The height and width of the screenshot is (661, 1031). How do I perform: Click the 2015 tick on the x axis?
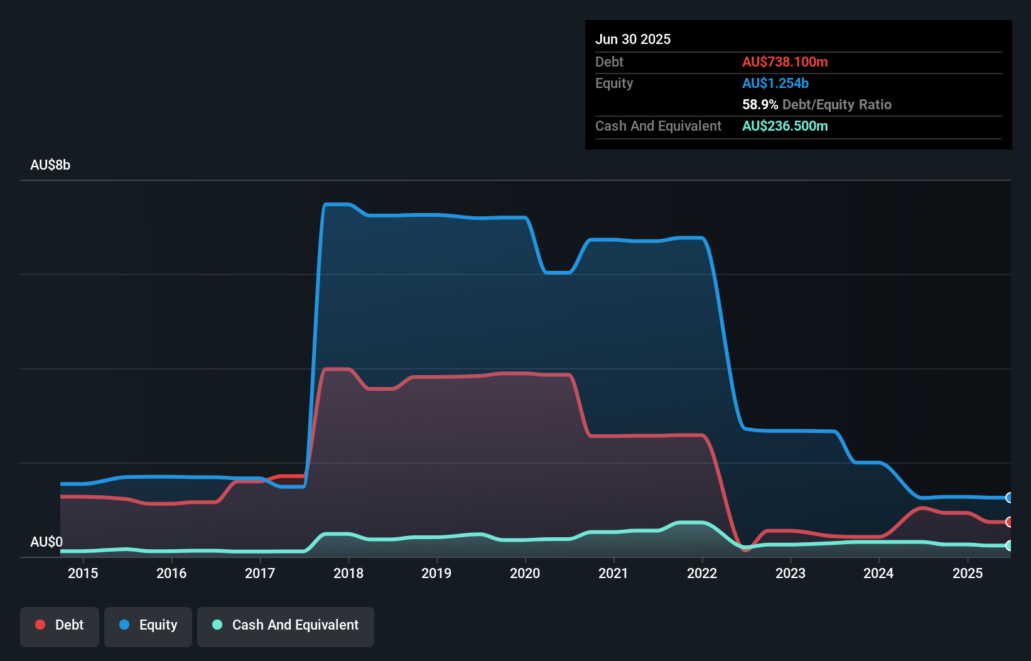coord(83,573)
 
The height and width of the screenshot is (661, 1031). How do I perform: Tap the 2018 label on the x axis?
coord(348,573)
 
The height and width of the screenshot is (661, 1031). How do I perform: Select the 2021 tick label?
coord(613,573)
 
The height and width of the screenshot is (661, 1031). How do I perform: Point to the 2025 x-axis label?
coord(968,573)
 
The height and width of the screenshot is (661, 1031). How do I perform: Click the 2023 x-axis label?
coord(791,573)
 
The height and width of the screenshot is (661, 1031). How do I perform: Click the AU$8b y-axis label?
coord(50,165)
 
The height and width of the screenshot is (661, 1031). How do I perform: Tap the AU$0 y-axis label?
coord(46,542)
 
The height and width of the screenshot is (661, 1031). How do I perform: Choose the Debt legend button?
coord(60,625)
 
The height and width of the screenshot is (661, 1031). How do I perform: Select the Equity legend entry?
coord(148,625)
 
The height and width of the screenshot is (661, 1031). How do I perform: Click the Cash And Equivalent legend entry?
coord(286,625)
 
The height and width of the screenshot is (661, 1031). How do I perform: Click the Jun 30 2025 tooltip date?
coord(633,40)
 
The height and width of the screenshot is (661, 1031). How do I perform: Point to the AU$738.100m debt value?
coord(785,62)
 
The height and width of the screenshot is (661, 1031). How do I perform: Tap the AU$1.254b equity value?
coord(775,84)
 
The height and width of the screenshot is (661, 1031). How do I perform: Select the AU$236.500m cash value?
coord(785,126)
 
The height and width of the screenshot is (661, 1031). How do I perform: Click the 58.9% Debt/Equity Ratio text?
coord(816,105)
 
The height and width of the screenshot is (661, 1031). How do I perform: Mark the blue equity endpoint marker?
coord(1009,498)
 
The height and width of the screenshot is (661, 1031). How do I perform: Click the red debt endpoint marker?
coord(1009,522)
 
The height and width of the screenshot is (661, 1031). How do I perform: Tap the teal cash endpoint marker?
coord(1009,545)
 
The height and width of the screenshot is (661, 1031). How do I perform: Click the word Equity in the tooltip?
coord(614,84)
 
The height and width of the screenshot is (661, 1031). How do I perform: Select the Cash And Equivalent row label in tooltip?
coord(658,126)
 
